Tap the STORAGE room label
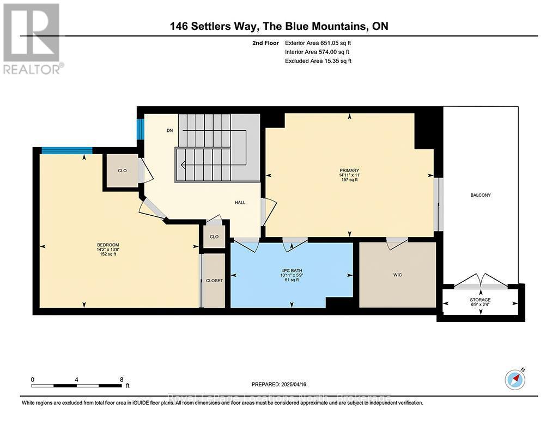[x=480, y=300]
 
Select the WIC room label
[x=397, y=275]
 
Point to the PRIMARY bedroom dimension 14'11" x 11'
[x=349, y=175]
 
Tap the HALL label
[x=240, y=202]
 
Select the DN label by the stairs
[x=170, y=131]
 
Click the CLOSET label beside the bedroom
[x=214, y=281]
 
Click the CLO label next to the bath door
[x=214, y=236]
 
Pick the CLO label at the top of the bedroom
[x=122, y=171]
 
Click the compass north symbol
[x=514, y=379]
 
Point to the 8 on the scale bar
[x=121, y=379]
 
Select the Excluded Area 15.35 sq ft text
[x=318, y=61]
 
